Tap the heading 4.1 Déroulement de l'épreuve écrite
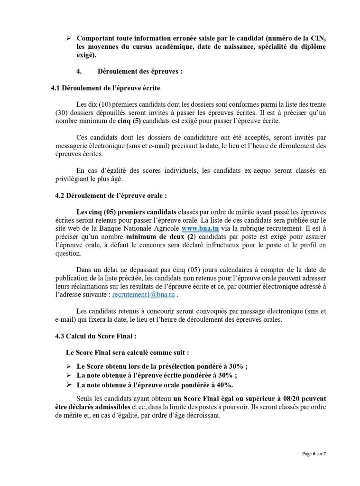click(x=105, y=88)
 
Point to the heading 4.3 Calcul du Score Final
click(x=96, y=336)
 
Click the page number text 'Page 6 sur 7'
click(x=314, y=454)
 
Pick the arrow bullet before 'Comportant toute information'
click(x=69, y=37)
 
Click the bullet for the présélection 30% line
click(x=69, y=366)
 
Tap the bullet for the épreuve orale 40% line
click(x=69, y=384)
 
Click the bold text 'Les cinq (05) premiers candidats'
click(x=126, y=211)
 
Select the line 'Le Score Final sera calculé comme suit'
click(x=127, y=353)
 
